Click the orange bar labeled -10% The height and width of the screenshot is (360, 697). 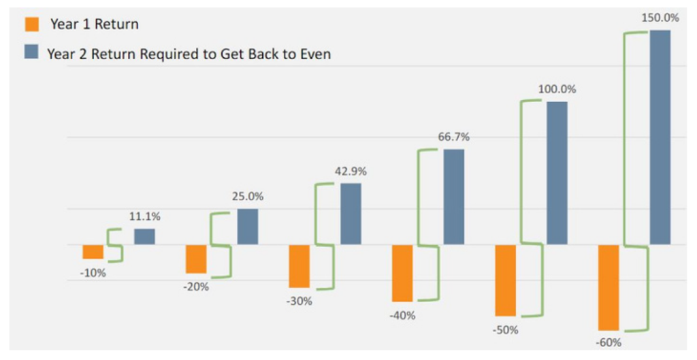pyautogui.click(x=93, y=251)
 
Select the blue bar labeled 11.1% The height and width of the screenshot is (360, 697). pyautogui.click(x=144, y=236)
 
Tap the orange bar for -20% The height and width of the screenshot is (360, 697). pyautogui.click(x=196, y=259)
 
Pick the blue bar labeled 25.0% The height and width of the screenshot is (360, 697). pyautogui.click(x=248, y=227)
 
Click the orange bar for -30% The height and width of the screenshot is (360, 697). pyautogui.click(x=299, y=266)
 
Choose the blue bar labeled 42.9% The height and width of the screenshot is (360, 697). pyautogui.click(x=351, y=214)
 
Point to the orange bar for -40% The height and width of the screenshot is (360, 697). pyautogui.click(x=402, y=273)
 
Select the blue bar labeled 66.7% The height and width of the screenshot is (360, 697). pyautogui.click(x=454, y=197)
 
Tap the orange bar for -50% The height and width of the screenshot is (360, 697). pyautogui.click(x=505, y=280)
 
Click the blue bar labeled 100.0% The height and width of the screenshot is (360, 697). pyautogui.click(x=557, y=173)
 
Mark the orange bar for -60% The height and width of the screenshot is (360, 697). pyautogui.click(x=609, y=287)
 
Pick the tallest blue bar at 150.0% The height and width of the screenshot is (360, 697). pyautogui.click(x=660, y=137)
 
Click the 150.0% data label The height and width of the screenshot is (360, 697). pyautogui.click(x=660, y=18)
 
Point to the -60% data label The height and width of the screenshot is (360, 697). pyautogui.click(x=608, y=342)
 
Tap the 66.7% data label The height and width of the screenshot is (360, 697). pyautogui.click(x=453, y=137)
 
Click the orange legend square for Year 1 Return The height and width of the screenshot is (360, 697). pyautogui.click(x=31, y=24)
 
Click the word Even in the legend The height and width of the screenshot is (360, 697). pyautogui.click(x=314, y=53)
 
